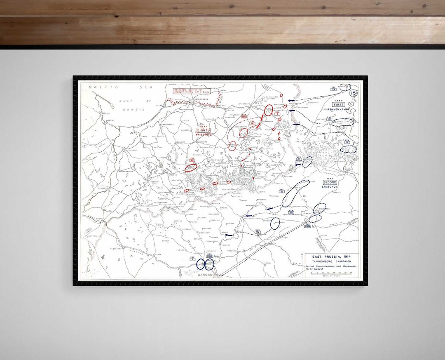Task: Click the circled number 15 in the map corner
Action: [353, 93]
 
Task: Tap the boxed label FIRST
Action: [338, 105]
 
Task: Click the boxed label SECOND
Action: [330, 182]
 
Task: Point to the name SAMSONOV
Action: [330, 187]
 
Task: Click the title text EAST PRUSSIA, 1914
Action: [332, 256]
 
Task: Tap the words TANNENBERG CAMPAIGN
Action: [332, 261]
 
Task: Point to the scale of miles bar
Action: [331, 273]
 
